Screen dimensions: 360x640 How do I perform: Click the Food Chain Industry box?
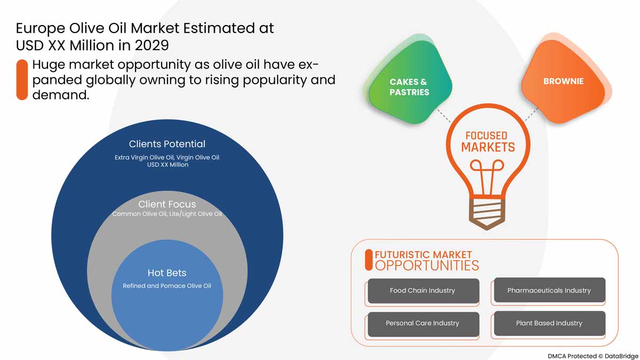(422, 291)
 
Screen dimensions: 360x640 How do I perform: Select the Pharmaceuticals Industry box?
(549, 291)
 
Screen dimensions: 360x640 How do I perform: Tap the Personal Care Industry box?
(422, 323)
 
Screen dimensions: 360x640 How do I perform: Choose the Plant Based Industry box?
(549, 323)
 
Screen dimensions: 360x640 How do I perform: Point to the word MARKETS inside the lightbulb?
(487, 147)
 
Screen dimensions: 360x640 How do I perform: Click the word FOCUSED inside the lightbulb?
(486, 135)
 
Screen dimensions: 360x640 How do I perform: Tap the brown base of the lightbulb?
(486, 213)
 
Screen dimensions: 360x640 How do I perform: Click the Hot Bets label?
(167, 273)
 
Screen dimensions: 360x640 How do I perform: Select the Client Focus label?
(167, 204)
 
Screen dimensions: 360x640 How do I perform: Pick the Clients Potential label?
(167, 144)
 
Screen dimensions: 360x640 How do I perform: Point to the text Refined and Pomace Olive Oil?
(167, 286)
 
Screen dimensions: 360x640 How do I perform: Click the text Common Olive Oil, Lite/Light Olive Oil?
(167, 214)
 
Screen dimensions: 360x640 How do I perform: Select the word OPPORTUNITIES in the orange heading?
(427, 266)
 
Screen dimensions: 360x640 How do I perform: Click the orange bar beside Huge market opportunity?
(22, 80)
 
